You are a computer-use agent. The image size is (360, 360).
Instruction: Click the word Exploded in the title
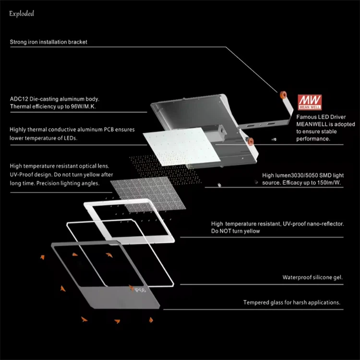22,13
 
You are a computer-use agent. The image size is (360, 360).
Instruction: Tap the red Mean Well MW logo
306,101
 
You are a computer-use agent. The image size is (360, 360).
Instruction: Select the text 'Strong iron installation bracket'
48,42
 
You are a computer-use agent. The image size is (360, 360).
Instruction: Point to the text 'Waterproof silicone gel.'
312,277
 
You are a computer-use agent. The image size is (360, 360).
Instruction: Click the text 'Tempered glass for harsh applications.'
292,302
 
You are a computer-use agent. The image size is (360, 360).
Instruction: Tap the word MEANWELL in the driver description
312,124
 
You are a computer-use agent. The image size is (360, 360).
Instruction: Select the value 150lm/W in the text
329,183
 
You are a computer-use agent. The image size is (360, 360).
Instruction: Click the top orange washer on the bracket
284,91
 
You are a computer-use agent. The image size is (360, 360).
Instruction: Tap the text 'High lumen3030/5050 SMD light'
303,176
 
